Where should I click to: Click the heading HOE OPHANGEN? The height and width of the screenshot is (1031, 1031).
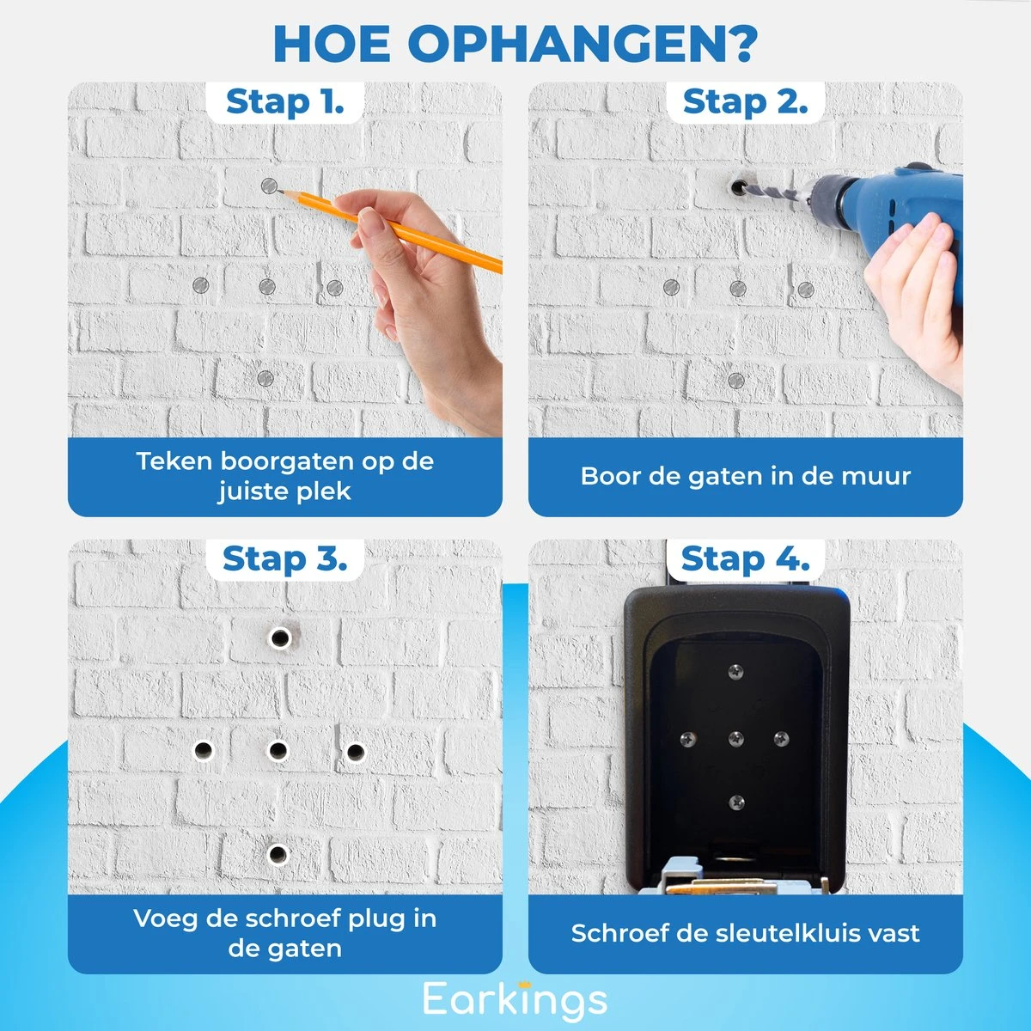[x=515, y=44]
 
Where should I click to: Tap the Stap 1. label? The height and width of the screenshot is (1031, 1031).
[x=284, y=102]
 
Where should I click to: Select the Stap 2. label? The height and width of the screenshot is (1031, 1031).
[x=745, y=102]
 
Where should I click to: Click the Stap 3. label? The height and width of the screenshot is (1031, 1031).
[x=284, y=559]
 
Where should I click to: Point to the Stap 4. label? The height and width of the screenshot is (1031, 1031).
[x=745, y=559]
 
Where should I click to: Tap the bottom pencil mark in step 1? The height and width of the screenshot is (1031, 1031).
[x=265, y=378]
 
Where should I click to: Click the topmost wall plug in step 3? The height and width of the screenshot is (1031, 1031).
[x=279, y=638]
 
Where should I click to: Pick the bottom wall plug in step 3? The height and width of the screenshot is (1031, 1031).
[x=277, y=854]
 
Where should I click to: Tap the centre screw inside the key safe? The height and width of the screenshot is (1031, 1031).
[x=735, y=739]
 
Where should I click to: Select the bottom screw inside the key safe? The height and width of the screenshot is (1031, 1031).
[x=735, y=802]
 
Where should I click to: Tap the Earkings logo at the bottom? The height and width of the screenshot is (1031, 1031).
[x=515, y=1000]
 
